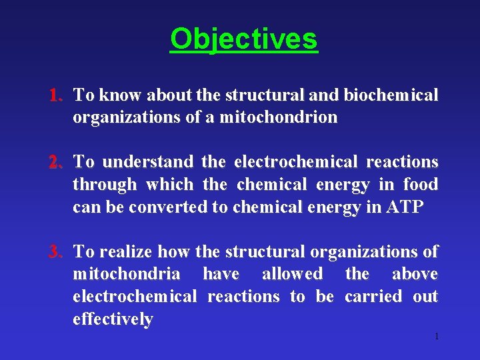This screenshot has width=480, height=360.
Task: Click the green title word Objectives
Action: coord(244,39)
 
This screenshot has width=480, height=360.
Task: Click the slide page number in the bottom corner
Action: coord(436,336)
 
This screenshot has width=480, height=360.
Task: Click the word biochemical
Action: coord(391,95)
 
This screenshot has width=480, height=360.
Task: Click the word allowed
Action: coord(292,274)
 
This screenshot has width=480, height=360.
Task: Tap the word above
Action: coord(415,274)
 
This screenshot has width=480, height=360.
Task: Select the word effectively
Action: coord(113,319)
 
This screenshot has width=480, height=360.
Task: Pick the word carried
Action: coord(373,297)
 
